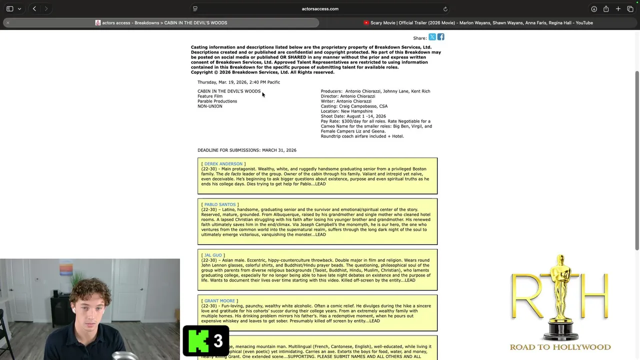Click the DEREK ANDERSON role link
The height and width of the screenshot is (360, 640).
[x=223, y=164]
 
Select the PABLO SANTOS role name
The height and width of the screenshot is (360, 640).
[x=219, y=204]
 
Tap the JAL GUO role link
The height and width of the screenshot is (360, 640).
[x=212, y=255]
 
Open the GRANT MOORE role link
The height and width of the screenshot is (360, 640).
[x=219, y=301]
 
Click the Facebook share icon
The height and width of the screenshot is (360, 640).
[x=440, y=37]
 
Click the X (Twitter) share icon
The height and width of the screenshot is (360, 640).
[x=432, y=37]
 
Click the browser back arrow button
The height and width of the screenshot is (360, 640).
[x=34, y=8]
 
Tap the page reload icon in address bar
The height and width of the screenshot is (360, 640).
[x=445, y=9]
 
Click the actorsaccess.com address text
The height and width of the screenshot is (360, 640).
[x=320, y=9]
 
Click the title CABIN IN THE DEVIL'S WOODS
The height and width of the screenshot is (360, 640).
[x=229, y=91]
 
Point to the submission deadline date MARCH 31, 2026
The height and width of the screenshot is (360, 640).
[x=279, y=150]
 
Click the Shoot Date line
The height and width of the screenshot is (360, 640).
[x=353, y=116]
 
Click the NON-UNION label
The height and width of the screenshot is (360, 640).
[x=210, y=106]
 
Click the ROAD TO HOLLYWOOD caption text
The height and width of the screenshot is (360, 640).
[x=560, y=347]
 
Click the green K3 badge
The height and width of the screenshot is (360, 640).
[x=206, y=341]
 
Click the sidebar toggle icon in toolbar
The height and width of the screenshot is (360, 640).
[x=10, y=9]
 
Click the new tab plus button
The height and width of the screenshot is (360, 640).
[x=618, y=9]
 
